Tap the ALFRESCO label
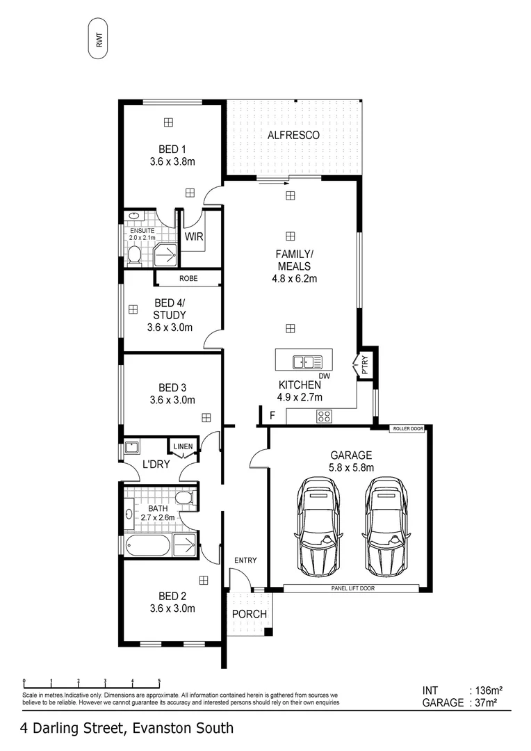[293, 135]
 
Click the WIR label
[194, 236]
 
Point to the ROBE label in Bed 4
[188, 278]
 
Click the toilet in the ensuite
[135, 257]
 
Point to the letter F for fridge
[272, 416]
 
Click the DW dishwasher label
[323, 376]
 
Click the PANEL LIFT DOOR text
[351, 588]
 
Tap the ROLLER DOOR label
[407, 429]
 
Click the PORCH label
[249, 614]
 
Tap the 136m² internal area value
[487, 691]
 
